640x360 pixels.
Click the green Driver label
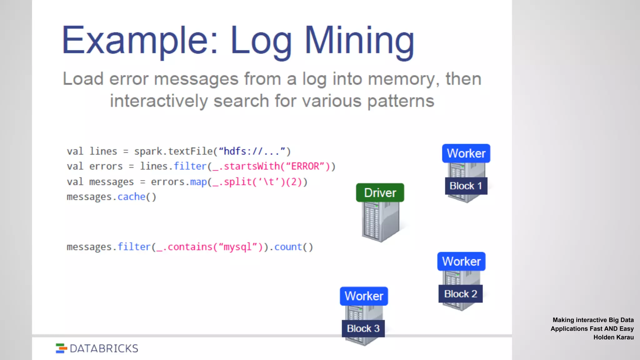tap(380, 193)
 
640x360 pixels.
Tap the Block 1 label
tap(466, 186)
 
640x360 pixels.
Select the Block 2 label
tap(461, 294)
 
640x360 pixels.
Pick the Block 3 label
tap(363, 328)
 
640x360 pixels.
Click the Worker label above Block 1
tap(466, 153)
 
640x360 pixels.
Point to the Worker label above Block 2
tap(461, 261)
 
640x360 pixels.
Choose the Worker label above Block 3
tap(364, 296)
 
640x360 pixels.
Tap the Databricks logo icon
tap(61, 348)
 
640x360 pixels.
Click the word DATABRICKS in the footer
tap(104, 348)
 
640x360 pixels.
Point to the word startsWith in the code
tap(252, 166)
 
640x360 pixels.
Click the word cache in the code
tap(132, 197)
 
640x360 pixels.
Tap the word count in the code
tap(288, 247)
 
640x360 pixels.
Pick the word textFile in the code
tap(190, 151)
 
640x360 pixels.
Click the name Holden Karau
tap(613, 337)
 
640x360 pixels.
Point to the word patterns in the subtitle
tap(401, 101)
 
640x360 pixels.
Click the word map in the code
tap(198, 182)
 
